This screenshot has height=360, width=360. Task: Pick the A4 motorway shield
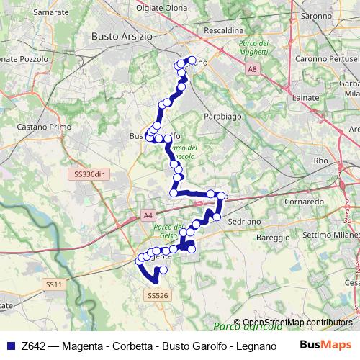(148, 215)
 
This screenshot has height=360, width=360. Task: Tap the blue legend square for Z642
(9, 346)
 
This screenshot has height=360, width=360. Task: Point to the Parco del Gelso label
(164, 232)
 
